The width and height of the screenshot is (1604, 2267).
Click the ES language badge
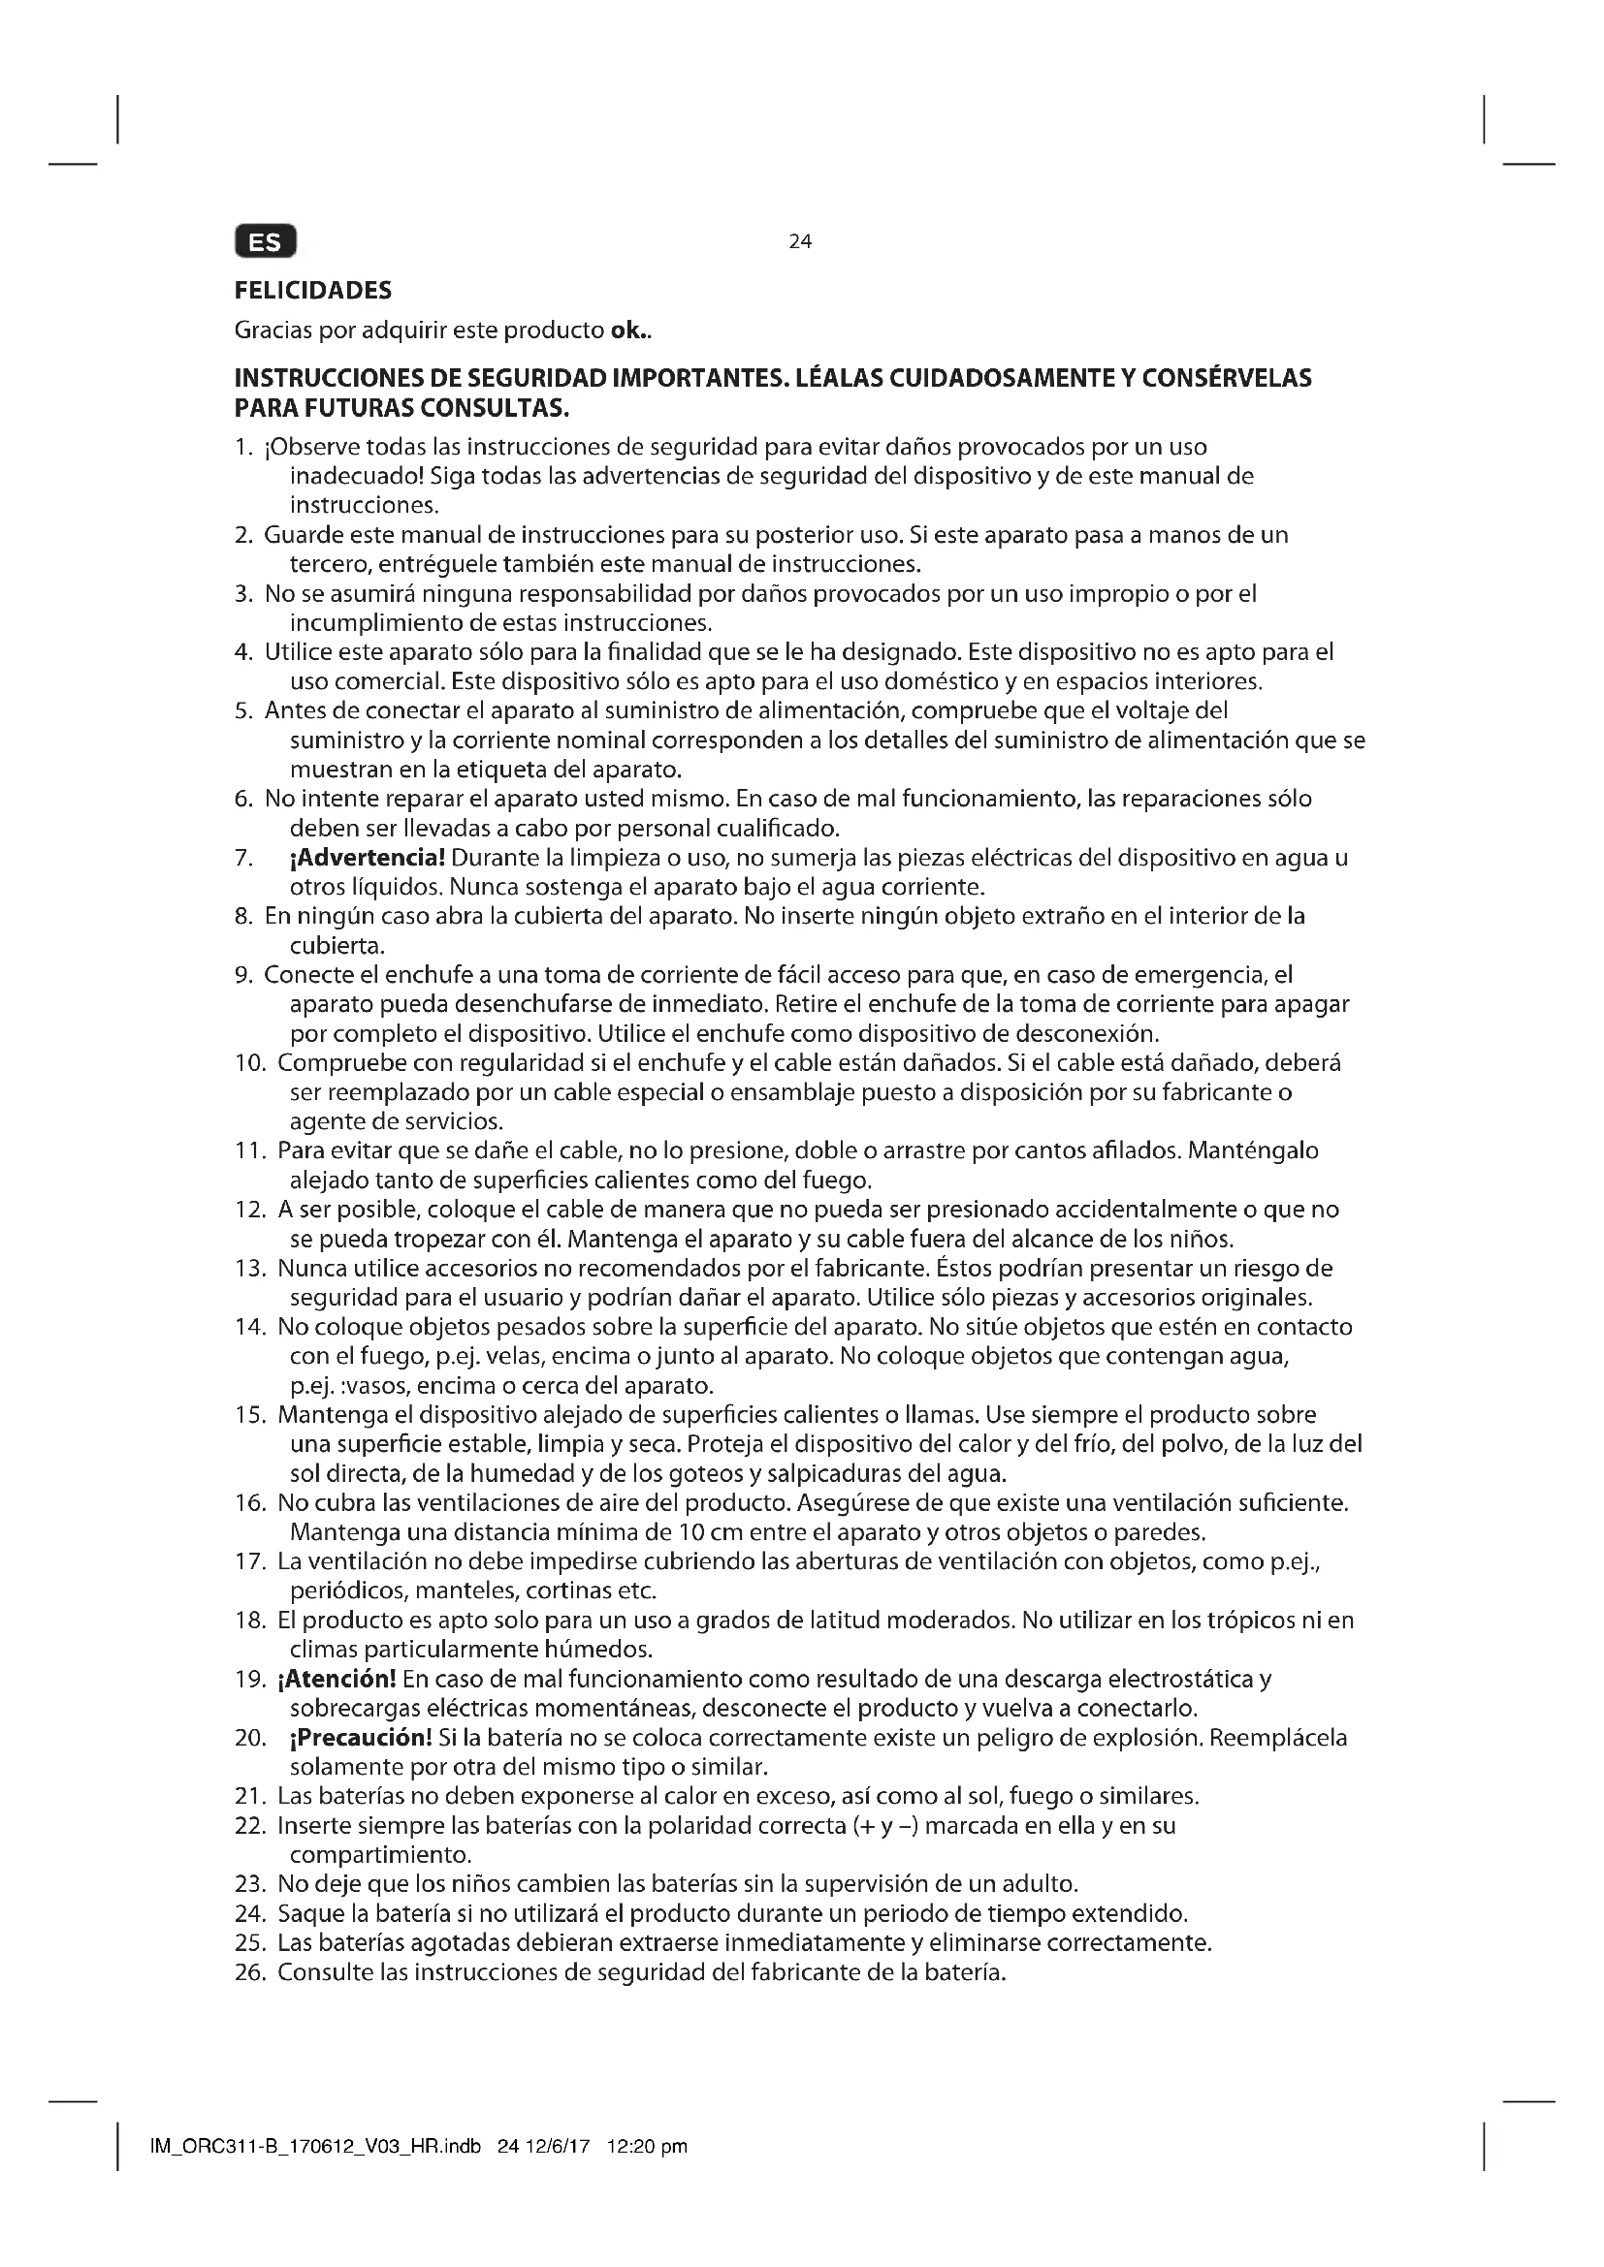click(265, 242)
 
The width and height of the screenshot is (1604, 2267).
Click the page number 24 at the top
click(800, 241)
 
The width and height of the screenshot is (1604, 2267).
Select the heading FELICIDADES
click(313, 291)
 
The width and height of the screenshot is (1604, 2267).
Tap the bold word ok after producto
click(626, 330)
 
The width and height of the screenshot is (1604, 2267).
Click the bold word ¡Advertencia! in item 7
click(368, 857)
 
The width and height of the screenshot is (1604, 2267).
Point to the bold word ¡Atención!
click(337, 1679)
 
